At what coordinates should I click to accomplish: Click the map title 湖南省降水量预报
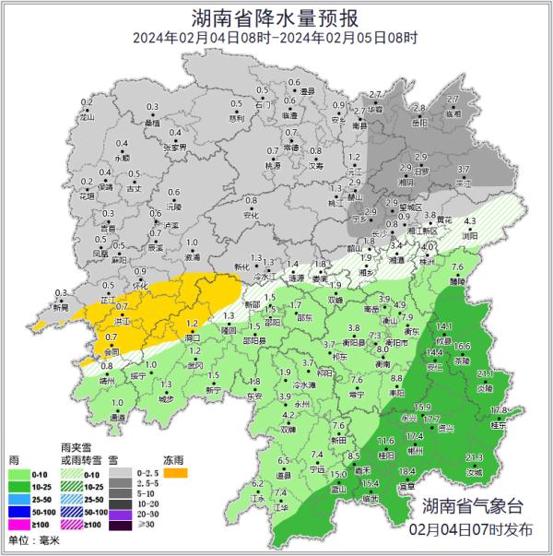(276, 18)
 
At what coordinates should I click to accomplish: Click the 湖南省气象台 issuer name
(472, 508)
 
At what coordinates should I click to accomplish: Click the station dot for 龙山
(87, 111)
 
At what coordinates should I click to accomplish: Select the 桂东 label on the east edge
(498, 426)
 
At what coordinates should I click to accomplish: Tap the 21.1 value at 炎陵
(484, 373)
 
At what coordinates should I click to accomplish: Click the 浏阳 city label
(471, 236)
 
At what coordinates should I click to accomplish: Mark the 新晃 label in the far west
(60, 308)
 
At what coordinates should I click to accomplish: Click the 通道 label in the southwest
(118, 418)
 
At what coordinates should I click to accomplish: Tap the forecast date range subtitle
(276, 38)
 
